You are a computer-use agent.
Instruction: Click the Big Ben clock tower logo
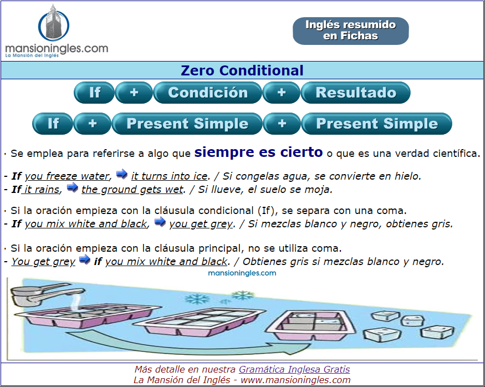pos(54,23)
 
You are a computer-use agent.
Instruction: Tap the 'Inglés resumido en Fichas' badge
pos(351,30)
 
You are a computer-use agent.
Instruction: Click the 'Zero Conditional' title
pos(242,70)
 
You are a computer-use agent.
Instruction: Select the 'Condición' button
pos(208,93)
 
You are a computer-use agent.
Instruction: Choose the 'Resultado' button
pos(356,93)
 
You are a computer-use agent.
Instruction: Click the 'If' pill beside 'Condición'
pos(94,93)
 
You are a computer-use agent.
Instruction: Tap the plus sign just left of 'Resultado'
pos(282,93)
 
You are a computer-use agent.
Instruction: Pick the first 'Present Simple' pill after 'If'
pos(187,124)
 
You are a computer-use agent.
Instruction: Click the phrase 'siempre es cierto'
pos(259,152)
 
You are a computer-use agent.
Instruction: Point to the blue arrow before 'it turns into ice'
pos(121,174)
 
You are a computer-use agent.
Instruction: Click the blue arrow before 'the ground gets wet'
pos(73,187)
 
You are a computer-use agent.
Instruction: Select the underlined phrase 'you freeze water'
pos(67,176)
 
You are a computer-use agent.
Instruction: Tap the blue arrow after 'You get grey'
pos(84,259)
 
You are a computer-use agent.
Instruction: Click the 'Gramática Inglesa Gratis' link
pos(294,369)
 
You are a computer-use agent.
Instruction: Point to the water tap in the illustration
pos(47,294)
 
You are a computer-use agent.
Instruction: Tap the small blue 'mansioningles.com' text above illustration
pos(242,273)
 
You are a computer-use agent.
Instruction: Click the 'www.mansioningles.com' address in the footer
pos(295,380)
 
